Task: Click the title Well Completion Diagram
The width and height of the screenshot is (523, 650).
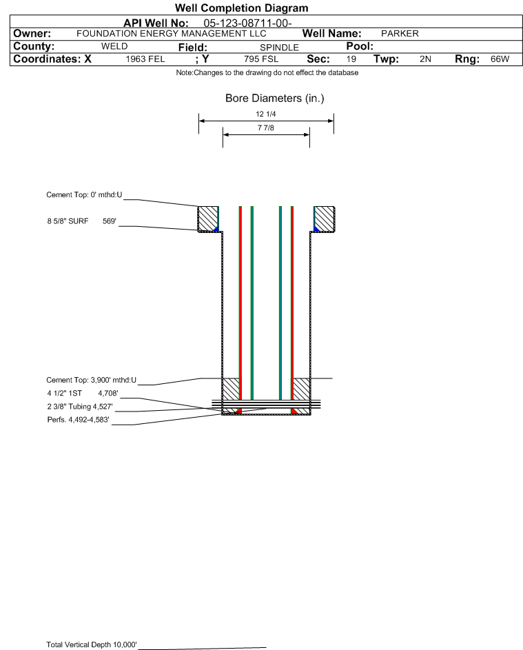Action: point(242,8)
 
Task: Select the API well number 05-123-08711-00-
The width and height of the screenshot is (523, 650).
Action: point(247,23)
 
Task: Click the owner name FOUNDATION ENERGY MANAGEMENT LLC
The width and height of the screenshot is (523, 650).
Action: point(171,34)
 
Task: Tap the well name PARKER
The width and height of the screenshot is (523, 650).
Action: point(400,34)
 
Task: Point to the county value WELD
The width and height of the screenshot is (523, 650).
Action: point(114,46)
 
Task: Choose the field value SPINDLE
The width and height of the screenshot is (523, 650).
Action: point(279,48)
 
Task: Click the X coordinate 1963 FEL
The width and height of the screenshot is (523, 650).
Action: point(145,59)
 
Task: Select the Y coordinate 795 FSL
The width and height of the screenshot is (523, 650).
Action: point(261,59)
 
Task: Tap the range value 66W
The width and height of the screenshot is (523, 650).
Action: point(500,59)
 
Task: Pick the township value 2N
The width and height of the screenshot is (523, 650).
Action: point(425,59)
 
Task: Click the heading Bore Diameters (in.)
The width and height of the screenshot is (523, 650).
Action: point(275,99)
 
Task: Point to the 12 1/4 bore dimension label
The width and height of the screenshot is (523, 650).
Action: point(266,114)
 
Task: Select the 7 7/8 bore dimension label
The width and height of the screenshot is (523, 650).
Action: point(266,128)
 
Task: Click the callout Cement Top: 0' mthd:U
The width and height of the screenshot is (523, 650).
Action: point(84,195)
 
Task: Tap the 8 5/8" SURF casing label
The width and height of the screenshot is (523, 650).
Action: point(68,221)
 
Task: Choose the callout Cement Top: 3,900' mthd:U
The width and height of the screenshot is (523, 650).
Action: point(91,380)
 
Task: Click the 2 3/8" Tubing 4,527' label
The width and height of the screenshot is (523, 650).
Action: point(80,407)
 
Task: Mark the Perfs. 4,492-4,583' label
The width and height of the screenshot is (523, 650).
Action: point(79,420)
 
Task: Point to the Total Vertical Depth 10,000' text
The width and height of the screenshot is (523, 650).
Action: point(92,644)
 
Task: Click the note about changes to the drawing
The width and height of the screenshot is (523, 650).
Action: point(267,73)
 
